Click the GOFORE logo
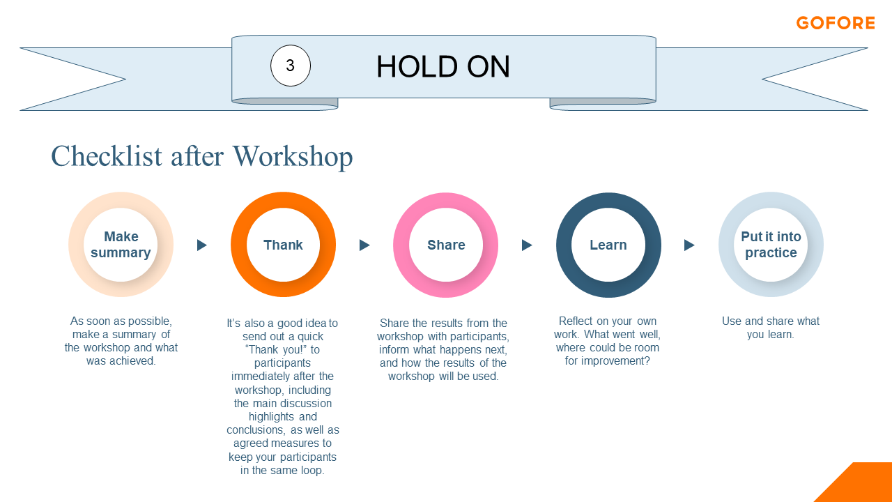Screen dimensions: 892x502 click(x=836, y=23)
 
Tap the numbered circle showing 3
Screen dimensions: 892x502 click(x=291, y=66)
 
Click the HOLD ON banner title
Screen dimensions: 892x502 click(x=443, y=66)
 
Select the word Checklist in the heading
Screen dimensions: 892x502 click(x=107, y=155)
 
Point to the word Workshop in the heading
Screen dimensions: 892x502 click(x=293, y=157)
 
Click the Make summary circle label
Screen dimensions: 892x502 click(x=121, y=245)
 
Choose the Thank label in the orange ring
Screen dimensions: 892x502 click(x=283, y=245)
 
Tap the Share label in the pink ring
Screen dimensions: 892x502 click(x=446, y=245)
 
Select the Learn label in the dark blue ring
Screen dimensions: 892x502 click(x=608, y=245)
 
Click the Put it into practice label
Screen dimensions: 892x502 click(x=771, y=245)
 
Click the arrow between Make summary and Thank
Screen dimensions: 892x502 click(x=202, y=245)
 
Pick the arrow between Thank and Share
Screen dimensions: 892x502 click(x=364, y=245)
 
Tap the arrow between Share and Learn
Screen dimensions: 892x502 click(x=527, y=245)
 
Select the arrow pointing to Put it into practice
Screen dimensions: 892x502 click(x=689, y=245)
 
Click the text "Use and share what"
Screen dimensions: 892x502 click(x=771, y=321)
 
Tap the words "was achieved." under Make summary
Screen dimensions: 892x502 click(x=121, y=360)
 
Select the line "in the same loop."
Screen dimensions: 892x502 click(x=282, y=470)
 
